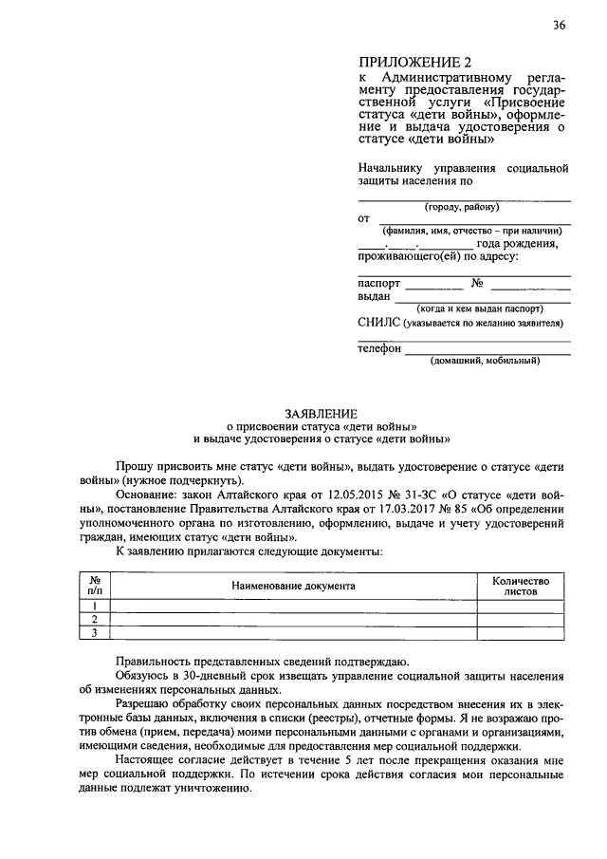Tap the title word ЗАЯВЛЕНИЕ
coord(322,413)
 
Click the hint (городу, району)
coord(465,208)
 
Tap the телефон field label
coord(379,348)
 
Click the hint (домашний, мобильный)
coord(485,361)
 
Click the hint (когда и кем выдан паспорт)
coord(480,308)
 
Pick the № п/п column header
coord(95,585)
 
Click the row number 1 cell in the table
coord(95,606)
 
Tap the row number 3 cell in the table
coord(95,632)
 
